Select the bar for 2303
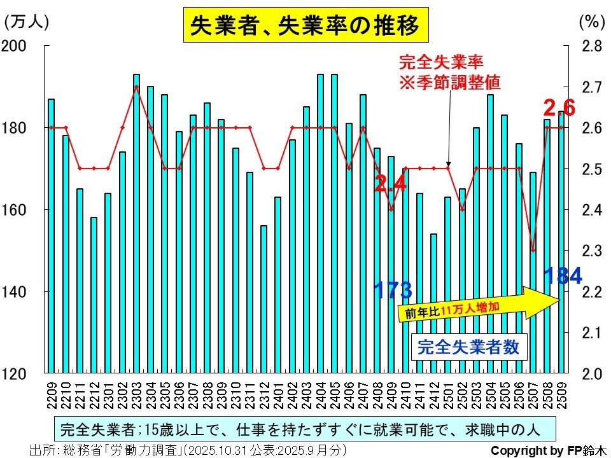click(x=136, y=223)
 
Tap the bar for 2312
click(x=263, y=299)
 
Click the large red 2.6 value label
click(x=559, y=108)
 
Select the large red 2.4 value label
click(x=390, y=184)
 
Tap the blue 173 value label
click(x=392, y=290)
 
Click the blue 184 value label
click(x=563, y=276)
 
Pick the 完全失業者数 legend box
click(x=468, y=347)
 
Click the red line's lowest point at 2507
click(x=533, y=251)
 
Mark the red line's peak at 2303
click(x=136, y=87)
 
